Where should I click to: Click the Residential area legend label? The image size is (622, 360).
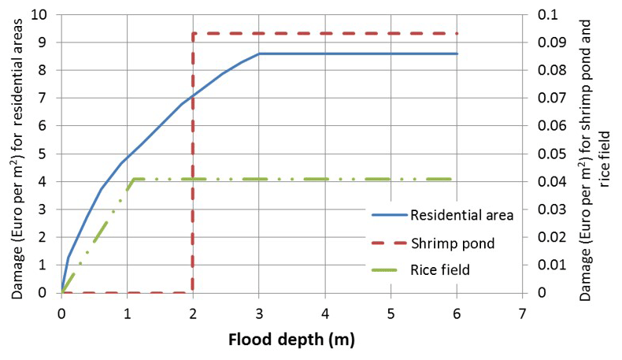461,214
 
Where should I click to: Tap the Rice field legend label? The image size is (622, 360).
440,270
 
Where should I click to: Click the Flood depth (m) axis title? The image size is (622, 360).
291,341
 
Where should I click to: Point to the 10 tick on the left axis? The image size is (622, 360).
39,15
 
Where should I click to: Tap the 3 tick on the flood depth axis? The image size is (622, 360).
259,314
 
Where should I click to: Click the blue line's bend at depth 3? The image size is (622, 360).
259,54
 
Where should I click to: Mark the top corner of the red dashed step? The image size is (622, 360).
193,33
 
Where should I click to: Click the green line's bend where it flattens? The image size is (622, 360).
135,179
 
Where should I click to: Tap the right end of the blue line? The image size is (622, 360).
457,54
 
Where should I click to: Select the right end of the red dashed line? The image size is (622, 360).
457,33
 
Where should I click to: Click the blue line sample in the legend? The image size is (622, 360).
387,214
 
